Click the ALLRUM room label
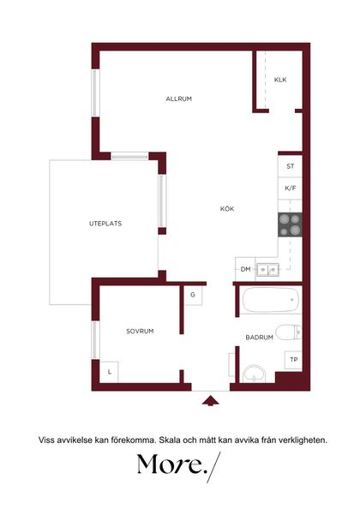coord(178,99)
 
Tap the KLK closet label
coord(280,80)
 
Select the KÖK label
coord(227,209)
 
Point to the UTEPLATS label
coord(105,224)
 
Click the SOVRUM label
coord(140,331)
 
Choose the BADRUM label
coord(259,338)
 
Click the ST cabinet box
coord(291,166)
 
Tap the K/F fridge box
coord(291,189)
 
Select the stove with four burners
coord(290,225)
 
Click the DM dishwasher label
coord(245,269)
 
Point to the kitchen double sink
coord(267,269)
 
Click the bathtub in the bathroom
coord(271,300)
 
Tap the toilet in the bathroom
coord(289,332)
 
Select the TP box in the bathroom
coord(293,360)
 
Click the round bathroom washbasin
coord(255,374)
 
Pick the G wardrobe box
coord(193,295)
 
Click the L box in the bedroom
coord(109,372)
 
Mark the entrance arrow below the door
coord(210,401)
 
